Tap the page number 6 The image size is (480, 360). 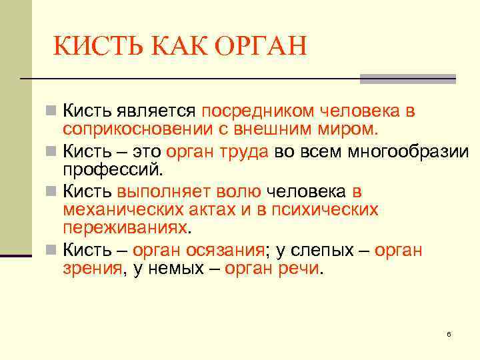449,333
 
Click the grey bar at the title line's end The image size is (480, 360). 407,79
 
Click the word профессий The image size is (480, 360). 112,168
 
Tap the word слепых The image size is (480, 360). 321,251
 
